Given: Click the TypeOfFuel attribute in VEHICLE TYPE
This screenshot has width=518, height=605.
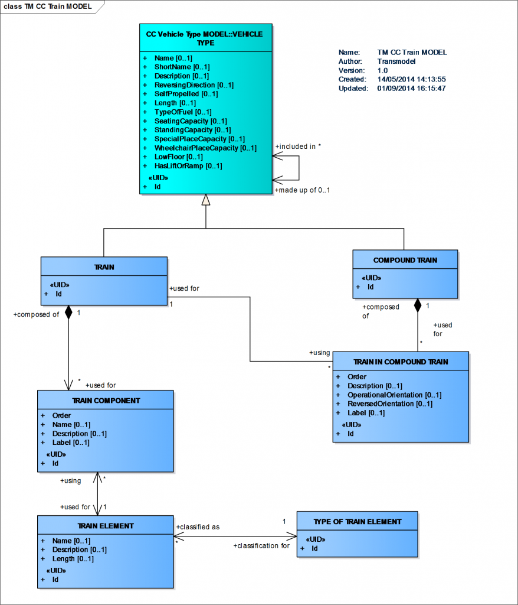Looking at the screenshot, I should tap(182, 112).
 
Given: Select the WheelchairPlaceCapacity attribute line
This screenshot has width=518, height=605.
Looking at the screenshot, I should tap(205, 148).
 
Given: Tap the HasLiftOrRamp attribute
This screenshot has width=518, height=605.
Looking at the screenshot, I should tap(188, 166).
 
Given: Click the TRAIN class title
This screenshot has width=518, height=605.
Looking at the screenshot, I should tap(104, 267).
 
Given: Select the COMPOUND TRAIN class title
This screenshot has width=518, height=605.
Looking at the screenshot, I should tap(405, 260).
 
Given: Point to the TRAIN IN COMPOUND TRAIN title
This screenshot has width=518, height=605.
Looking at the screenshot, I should tap(401, 362).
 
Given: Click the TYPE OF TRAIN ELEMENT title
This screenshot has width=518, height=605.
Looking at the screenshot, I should tap(357, 522).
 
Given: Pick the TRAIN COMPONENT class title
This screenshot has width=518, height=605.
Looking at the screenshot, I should tap(106, 400).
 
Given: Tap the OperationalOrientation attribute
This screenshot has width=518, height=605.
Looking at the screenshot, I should tap(394, 395).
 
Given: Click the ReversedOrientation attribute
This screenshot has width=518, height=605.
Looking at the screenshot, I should tap(389, 404).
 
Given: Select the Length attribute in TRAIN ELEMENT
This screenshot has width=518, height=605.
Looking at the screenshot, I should tap(71, 558).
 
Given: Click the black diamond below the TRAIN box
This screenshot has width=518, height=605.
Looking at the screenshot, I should tap(68, 313).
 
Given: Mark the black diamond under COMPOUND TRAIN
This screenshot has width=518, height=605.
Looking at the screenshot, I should tap(418, 305).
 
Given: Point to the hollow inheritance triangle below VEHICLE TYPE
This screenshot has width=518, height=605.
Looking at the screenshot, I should tap(205, 200).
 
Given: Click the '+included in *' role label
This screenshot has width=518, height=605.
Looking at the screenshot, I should tap(298, 146).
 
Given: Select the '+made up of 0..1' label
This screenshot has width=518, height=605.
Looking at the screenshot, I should tap(302, 190).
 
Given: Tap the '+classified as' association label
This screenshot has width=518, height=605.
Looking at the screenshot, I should tap(198, 526).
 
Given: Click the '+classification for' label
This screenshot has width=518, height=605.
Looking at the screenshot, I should tap(261, 545).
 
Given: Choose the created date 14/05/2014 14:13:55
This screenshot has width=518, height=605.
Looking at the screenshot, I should tap(411, 79).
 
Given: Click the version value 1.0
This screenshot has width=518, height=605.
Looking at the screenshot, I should tap(382, 70).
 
